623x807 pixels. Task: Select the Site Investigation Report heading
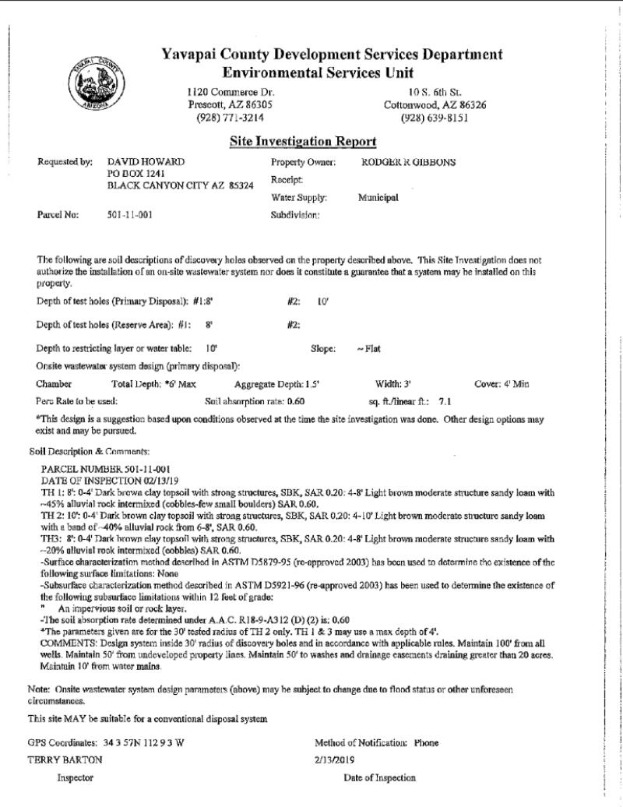coord(303,142)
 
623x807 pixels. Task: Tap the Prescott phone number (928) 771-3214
coord(231,118)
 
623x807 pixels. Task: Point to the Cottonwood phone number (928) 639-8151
coord(435,118)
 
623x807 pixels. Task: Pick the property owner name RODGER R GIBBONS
coord(409,162)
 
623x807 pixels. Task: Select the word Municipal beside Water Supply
coord(378,197)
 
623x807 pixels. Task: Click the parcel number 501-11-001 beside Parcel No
coord(129,215)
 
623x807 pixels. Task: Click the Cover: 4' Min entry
coord(502,384)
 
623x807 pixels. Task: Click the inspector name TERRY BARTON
coord(58,759)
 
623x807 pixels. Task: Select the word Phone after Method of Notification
coord(426,743)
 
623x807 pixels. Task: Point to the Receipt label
coord(287,179)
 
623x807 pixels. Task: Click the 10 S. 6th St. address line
coord(435,92)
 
